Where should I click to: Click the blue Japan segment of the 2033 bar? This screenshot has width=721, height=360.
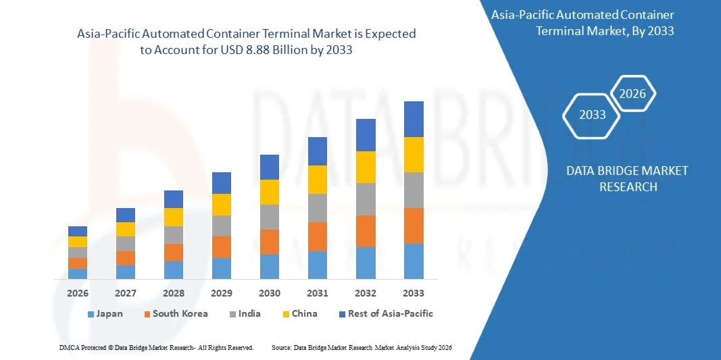coord(414,261)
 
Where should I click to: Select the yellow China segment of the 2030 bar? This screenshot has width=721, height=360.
coord(270,192)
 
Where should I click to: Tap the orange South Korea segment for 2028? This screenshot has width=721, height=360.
coord(174,253)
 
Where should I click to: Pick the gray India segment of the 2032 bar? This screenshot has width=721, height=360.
coord(366,199)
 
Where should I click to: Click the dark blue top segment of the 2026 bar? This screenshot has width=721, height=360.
coord(78,231)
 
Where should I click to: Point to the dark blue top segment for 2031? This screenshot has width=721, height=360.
coord(318,151)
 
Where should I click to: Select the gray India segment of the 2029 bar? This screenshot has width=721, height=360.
coord(222,226)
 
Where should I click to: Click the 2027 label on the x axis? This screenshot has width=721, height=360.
coord(126,293)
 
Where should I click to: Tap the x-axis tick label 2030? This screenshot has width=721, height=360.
coord(270,293)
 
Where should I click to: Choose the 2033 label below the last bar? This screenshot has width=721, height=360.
coord(414,293)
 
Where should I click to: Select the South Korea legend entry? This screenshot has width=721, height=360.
coord(175,313)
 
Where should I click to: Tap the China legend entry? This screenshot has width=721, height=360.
coord(299,313)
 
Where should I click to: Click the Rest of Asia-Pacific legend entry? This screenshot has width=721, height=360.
coord(386,313)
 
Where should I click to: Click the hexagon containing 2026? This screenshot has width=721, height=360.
coord(632,94)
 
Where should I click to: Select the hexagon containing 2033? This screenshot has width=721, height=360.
coord(593,115)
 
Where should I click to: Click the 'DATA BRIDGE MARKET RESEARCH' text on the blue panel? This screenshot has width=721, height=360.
coord(628,178)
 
